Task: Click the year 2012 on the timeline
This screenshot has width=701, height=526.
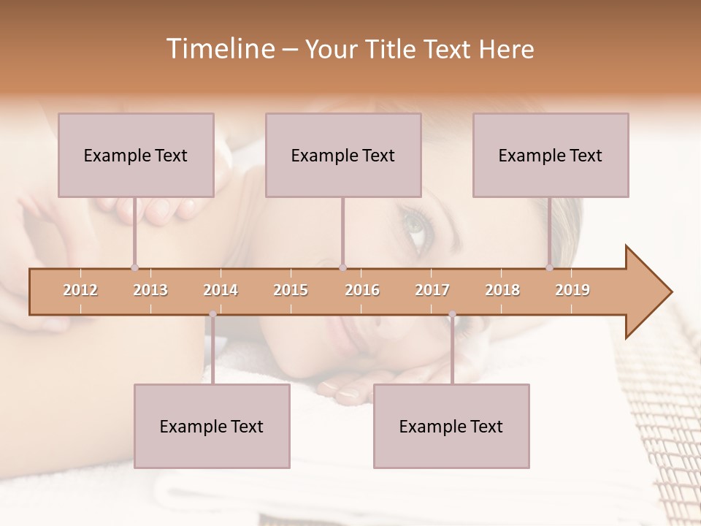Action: click(80, 290)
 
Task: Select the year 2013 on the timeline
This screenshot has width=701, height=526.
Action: click(150, 290)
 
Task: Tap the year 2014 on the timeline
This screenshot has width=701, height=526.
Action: click(221, 290)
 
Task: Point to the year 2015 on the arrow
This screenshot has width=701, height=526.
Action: click(291, 290)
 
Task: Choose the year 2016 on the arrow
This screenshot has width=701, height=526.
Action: click(362, 290)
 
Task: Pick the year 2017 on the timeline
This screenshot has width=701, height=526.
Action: click(432, 290)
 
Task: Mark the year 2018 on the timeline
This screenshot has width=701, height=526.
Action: click(502, 290)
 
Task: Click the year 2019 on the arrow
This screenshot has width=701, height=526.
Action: click(572, 290)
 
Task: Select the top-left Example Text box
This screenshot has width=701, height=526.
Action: click(136, 155)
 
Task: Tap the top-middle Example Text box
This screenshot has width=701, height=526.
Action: click(343, 155)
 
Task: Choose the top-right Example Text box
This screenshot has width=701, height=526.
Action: click(551, 155)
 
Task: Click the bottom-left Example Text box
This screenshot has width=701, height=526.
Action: click(212, 426)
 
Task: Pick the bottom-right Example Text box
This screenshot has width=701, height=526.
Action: click(451, 426)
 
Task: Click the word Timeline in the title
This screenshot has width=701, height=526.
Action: click(219, 49)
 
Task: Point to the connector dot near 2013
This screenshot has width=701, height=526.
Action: click(134, 267)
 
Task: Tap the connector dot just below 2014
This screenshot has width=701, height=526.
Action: click(212, 314)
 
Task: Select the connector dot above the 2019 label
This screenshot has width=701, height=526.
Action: click(549, 267)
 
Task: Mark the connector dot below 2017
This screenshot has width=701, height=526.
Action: click(452, 314)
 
